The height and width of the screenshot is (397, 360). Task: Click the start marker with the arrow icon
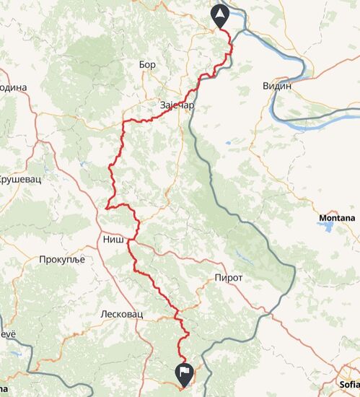click(220, 14)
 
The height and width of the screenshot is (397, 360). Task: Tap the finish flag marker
click(185, 373)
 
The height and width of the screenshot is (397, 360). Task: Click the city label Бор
click(147, 64)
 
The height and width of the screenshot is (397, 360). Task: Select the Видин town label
click(277, 85)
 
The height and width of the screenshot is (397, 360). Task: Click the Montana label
click(337, 217)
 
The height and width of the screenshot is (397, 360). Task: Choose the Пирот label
click(228, 277)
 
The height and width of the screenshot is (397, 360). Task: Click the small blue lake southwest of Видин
click(228, 143)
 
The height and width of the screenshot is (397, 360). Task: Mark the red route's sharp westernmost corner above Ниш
click(107, 207)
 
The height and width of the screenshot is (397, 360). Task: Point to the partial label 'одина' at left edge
click(13, 87)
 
